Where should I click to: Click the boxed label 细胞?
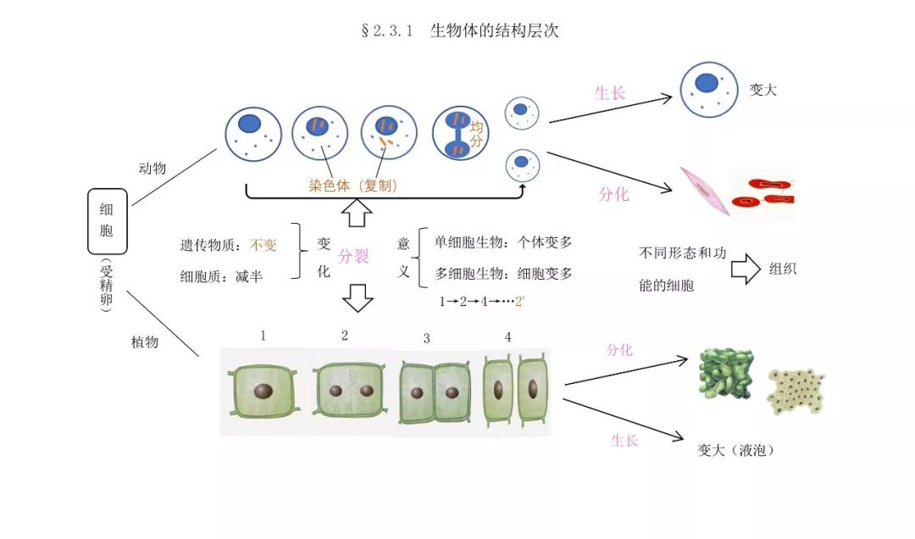[x=107, y=220]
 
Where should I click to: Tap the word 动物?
[x=152, y=168]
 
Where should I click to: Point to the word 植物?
[x=145, y=342]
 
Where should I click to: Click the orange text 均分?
[x=477, y=134]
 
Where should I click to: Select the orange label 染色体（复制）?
[x=353, y=186]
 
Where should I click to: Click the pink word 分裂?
[x=353, y=256]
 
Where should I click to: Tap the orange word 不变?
[x=263, y=245]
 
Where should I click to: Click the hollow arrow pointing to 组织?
[x=746, y=269]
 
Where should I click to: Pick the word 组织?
[x=783, y=269]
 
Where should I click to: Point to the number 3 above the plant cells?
[x=426, y=338]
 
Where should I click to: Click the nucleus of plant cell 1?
[x=263, y=391]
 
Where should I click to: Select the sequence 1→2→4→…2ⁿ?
[x=482, y=302]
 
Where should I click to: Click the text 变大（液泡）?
[x=736, y=450]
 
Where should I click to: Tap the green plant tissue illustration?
[x=726, y=374]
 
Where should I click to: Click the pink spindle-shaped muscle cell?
[x=704, y=191]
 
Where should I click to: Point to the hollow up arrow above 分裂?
[x=357, y=213]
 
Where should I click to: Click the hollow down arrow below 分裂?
[x=358, y=297]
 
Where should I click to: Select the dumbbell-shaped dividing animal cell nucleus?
[x=458, y=135]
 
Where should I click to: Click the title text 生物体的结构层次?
[x=494, y=31]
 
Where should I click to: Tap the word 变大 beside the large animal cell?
[x=763, y=90]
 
